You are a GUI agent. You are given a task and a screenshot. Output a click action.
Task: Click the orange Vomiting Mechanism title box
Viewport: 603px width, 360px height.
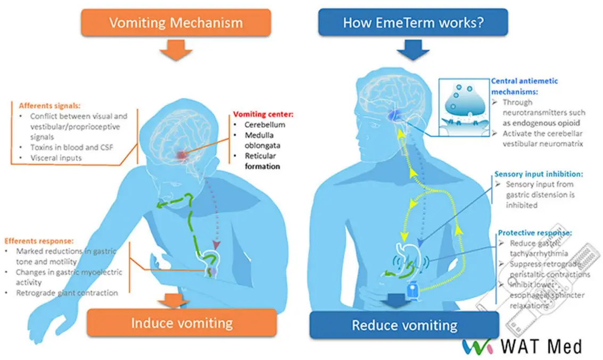pos(176,23)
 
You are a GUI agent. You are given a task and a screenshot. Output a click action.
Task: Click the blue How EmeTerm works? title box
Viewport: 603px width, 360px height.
pos(412,23)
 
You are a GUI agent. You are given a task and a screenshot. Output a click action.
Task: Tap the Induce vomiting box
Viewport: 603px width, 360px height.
pos(181,323)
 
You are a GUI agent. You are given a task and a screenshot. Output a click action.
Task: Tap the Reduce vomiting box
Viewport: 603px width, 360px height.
pos(404,325)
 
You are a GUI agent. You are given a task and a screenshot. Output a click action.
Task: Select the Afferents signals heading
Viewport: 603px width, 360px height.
pos(47,105)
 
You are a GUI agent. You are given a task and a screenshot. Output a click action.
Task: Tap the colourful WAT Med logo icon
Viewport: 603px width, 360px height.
pos(478,346)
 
